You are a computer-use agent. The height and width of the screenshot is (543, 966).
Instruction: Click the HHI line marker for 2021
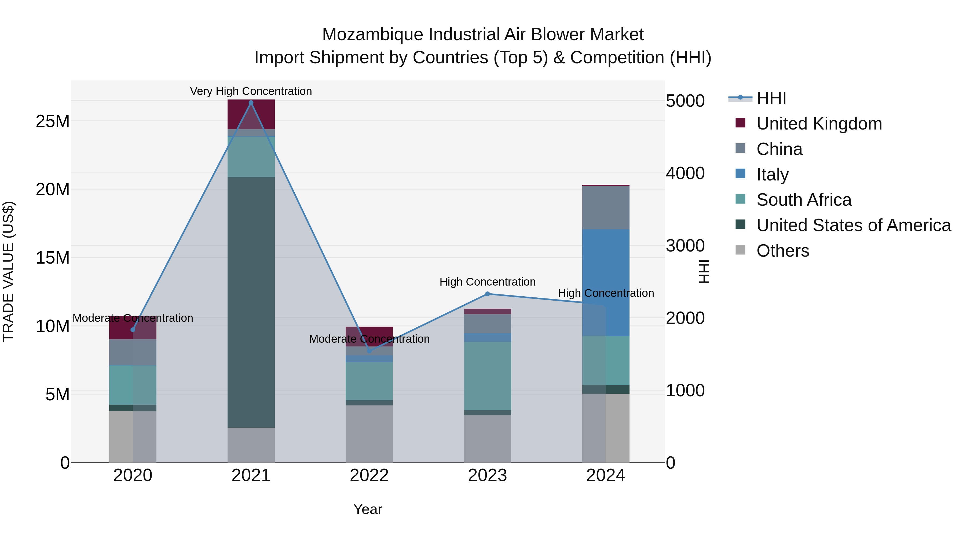(251, 103)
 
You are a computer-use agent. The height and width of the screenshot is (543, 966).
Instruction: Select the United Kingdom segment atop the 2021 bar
(251, 114)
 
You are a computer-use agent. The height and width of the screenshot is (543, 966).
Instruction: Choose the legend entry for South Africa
(804, 200)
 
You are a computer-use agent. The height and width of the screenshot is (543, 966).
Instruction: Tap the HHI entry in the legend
(771, 98)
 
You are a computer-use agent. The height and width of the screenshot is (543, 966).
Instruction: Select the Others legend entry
(783, 251)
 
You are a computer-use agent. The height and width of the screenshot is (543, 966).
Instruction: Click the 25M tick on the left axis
(53, 121)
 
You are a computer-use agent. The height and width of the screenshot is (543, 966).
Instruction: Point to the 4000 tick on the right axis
(685, 173)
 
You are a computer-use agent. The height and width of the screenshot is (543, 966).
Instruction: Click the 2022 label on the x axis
(369, 475)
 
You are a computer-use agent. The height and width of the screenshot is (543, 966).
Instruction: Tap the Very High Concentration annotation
(251, 91)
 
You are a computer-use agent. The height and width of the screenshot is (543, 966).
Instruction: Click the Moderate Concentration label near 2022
(369, 339)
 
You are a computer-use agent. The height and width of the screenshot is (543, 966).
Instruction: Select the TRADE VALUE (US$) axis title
(8, 271)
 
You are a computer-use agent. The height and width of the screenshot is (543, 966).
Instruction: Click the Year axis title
(368, 509)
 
